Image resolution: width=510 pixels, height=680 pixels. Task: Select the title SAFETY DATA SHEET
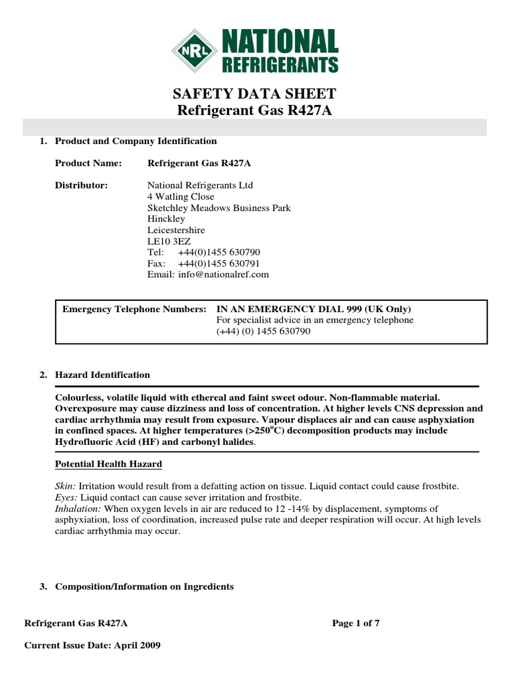point(255,94)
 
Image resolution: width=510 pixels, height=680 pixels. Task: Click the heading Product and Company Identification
point(135,141)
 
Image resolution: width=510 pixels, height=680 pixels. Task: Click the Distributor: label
point(81,185)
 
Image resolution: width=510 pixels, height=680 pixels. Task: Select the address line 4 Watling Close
point(181,197)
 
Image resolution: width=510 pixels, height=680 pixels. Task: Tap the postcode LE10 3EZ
point(169,241)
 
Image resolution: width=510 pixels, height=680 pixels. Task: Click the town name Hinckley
point(166,218)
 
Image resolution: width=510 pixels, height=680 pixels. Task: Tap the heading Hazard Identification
point(102,375)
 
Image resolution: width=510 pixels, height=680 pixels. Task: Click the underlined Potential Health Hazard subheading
point(108,464)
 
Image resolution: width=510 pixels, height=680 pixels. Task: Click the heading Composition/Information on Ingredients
point(144,586)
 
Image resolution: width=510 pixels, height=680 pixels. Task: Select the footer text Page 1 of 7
point(355,623)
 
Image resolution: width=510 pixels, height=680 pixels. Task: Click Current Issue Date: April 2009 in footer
point(92,645)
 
